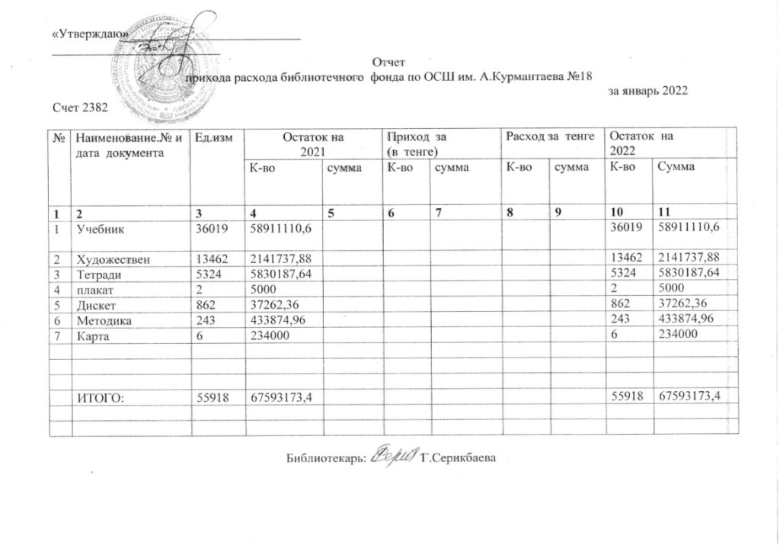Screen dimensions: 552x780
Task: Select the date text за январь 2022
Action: click(x=647, y=91)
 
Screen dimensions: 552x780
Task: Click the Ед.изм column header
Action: click(x=214, y=136)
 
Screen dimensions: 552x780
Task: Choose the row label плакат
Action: click(x=93, y=287)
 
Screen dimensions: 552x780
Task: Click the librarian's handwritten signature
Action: click(x=394, y=457)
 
